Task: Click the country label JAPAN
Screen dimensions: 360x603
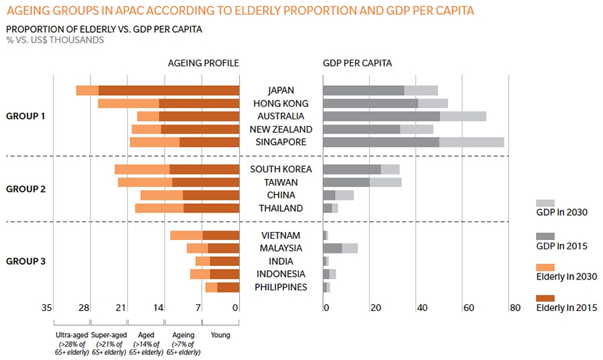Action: click(x=281, y=91)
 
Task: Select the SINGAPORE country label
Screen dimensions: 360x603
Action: click(x=281, y=142)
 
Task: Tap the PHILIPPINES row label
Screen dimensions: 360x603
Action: click(x=281, y=287)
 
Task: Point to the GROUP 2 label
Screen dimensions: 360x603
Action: click(x=25, y=189)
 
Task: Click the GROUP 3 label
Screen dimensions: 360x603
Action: click(x=25, y=261)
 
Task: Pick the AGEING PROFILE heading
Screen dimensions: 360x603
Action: click(x=203, y=63)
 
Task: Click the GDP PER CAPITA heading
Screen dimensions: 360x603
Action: click(x=357, y=63)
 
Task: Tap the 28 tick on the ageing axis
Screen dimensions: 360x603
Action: click(x=84, y=308)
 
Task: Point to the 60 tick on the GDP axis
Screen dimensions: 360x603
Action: click(x=468, y=308)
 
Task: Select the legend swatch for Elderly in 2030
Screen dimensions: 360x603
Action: click(x=545, y=267)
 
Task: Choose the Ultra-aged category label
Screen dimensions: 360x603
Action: click(x=72, y=335)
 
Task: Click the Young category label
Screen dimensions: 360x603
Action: click(x=220, y=335)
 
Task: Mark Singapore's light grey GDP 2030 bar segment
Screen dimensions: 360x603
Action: click(x=472, y=142)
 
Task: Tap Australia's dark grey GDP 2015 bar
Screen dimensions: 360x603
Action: click(x=381, y=116)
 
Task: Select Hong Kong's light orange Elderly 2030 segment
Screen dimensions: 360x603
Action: click(x=128, y=103)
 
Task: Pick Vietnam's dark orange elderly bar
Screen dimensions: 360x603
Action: click(x=221, y=235)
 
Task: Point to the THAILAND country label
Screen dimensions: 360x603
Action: click(x=281, y=208)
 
